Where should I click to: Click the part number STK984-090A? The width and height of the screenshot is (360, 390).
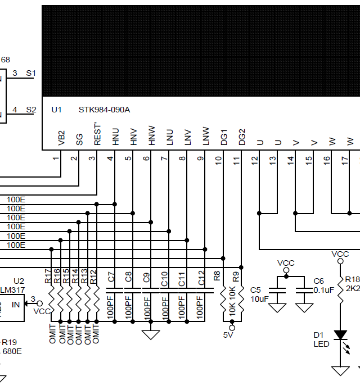(x=104, y=110)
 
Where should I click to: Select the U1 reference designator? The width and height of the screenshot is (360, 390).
(x=56, y=110)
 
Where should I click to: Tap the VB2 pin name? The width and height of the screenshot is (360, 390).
(x=61, y=139)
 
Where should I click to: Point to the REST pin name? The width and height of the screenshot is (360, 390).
(x=97, y=138)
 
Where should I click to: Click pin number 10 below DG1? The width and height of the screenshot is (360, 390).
(x=218, y=160)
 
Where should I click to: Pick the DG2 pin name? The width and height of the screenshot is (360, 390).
(x=242, y=138)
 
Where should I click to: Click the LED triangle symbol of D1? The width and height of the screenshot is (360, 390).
(x=340, y=335)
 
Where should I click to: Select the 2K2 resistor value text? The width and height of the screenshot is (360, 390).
(x=353, y=288)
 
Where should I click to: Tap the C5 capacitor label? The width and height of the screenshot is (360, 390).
(x=255, y=289)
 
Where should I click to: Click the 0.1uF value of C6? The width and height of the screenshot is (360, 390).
(x=324, y=289)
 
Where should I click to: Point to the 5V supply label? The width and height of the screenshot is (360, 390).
(x=228, y=335)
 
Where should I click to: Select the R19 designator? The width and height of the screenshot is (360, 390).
(x=9, y=342)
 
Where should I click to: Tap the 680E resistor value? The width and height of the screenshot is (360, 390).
(x=12, y=351)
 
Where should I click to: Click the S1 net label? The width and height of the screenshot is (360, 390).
(x=31, y=74)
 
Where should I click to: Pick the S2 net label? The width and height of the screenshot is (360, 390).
(x=31, y=110)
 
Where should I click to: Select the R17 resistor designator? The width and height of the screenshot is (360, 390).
(x=48, y=276)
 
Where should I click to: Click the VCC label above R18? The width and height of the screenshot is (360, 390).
(x=340, y=254)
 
